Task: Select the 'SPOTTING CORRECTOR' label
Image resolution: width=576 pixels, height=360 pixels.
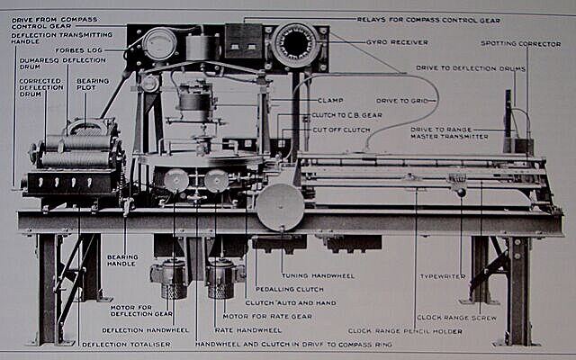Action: (519, 42)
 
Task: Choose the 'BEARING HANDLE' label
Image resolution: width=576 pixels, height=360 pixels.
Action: (122, 261)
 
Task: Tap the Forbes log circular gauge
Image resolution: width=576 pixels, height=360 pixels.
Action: (159, 44)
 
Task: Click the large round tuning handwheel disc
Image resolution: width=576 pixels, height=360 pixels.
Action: (280, 206)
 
